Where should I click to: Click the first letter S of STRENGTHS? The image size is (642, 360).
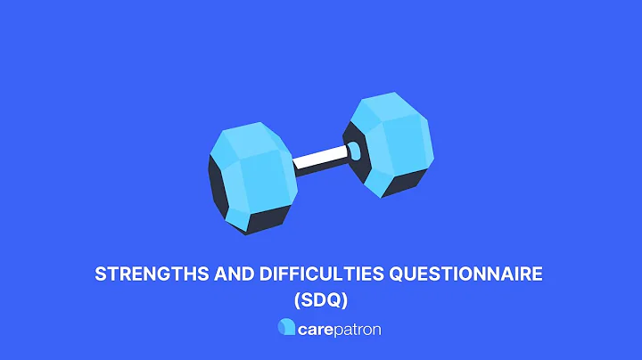(x=100, y=275)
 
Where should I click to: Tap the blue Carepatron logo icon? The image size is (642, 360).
(x=285, y=328)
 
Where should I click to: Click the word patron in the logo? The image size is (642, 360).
(x=358, y=329)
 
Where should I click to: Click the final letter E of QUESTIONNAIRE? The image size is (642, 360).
(x=537, y=275)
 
